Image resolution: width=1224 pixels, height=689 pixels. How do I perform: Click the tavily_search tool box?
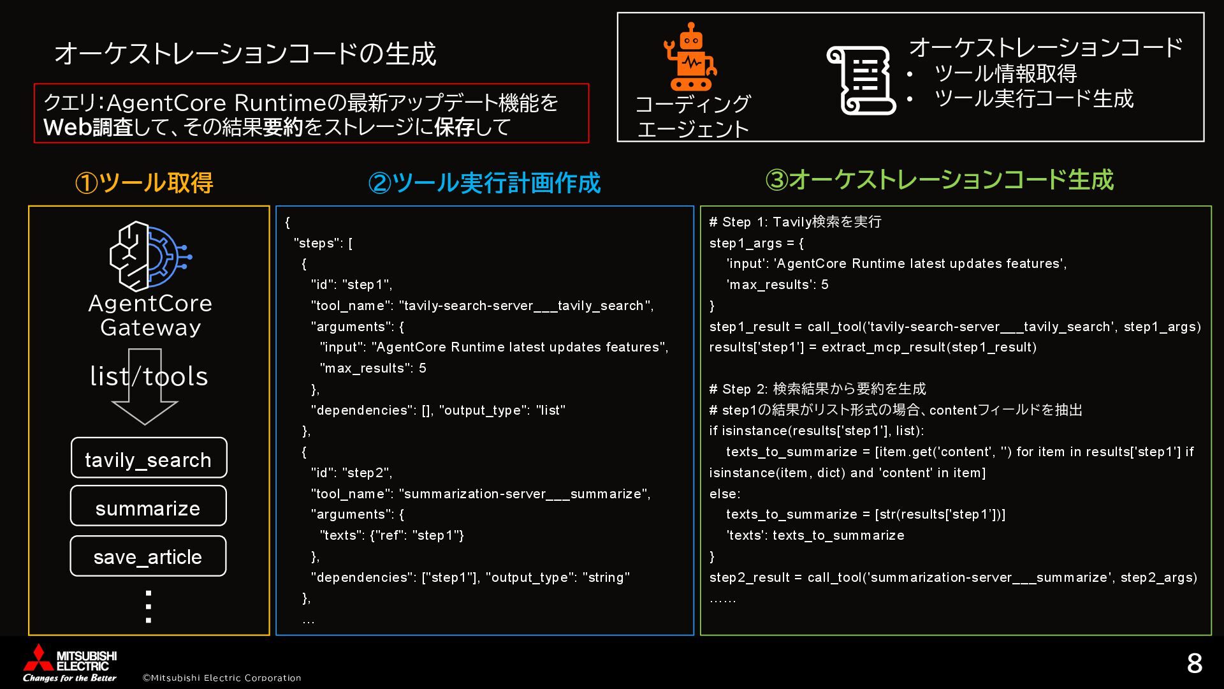pyautogui.click(x=149, y=458)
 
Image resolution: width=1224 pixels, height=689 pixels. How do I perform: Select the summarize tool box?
pyautogui.click(x=148, y=507)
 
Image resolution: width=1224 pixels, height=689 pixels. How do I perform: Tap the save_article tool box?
pyautogui.click(x=148, y=556)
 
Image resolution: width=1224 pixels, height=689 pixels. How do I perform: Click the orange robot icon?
pyautogui.click(x=690, y=57)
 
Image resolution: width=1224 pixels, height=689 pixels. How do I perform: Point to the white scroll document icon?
pyautogui.click(x=860, y=80)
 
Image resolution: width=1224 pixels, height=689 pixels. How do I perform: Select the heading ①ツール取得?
pyautogui.click(x=144, y=183)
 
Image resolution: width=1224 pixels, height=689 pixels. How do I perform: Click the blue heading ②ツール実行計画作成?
pyautogui.click(x=484, y=183)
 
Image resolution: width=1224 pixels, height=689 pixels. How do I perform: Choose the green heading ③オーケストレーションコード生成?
pyautogui.click(x=939, y=180)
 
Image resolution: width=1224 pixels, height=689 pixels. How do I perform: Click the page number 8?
pyautogui.click(x=1194, y=663)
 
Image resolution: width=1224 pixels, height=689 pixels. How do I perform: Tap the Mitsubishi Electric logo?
pyautogui.click(x=69, y=662)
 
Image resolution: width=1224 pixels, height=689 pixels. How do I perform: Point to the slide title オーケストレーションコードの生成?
pyautogui.click(x=245, y=54)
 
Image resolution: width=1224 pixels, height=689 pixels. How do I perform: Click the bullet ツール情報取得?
pyautogui.click(x=1005, y=74)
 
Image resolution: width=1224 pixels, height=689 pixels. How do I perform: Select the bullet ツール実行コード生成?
pyautogui.click(x=1033, y=99)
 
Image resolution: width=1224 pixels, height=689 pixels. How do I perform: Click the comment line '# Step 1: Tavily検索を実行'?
pyautogui.click(x=795, y=222)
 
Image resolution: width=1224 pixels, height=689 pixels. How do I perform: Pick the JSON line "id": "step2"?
pyautogui.click(x=351, y=473)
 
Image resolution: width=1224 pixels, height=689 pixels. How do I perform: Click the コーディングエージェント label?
pyautogui.click(x=693, y=116)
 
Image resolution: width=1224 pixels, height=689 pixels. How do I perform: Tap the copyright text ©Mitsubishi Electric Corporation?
pyautogui.click(x=221, y=678)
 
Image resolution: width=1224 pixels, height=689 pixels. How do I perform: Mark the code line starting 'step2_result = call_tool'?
pyautogui.click(x=953, y=577)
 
